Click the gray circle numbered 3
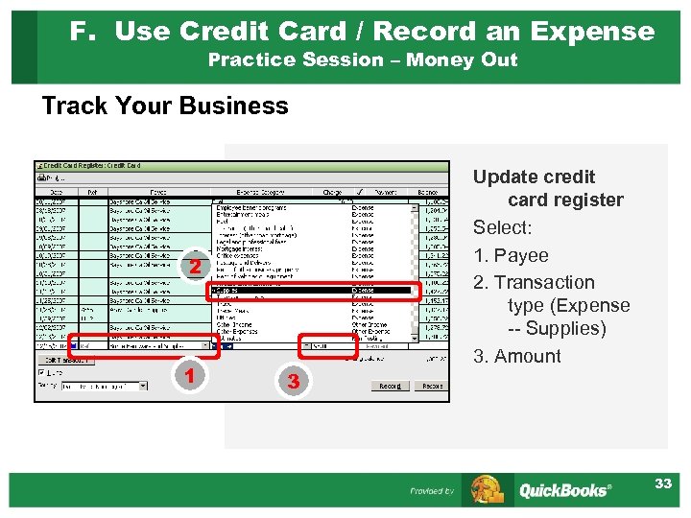pyautogui.click(x=294, y=382)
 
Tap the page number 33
pyautogui.click(x=663, y=483)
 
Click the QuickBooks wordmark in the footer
pyautogui.click(x=564, y=490)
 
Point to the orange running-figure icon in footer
pyautogui.click(x=488, y=489)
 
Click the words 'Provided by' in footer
pyautogui.click(x=432, y=491)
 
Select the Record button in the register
pyautogui.click(x=390, y=386)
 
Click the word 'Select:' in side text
pyautogui.click(x=502, y=227)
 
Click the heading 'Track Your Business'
pyautogui.click(x=165, y=106)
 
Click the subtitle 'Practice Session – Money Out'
pyautogui.click(x=363, y=59)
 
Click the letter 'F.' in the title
pyautogui.click(x=83, y=31)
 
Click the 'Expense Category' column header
pyautogui.click(x=252, y=192)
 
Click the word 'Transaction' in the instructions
pyautogui.click(x=544, y=282)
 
